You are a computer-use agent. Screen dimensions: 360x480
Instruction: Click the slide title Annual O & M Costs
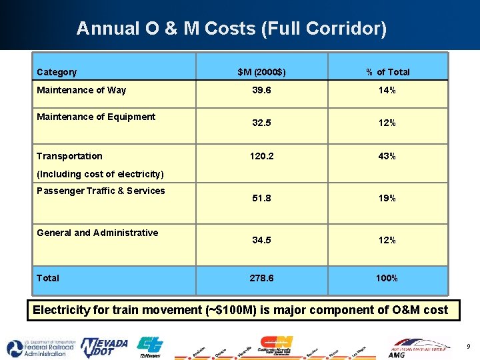pyautogui.click(x=231, y=29)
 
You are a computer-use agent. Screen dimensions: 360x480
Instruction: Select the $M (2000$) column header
pyautogui.click(x=261, y=72)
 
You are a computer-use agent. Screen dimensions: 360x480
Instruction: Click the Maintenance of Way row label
pyautogui.click(x=81, y=90)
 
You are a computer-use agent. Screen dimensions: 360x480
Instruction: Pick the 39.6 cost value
pyautogui.click(x=261, y=90)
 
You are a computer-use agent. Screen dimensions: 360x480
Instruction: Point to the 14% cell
pyautogui.click(x=387, y=90)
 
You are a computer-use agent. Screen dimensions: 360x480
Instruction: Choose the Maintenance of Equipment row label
pyautogui.click(x=96, y=117)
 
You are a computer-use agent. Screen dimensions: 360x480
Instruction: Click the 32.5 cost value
pyautogui.click(x=261, y=123)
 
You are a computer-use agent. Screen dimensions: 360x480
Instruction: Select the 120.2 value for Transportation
pyautogui.click(x=261, y=156)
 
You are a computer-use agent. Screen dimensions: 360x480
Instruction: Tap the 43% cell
pyautogui.click(x=387, y=156)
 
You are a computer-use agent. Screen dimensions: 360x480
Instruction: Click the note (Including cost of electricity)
pyautogui.click(x=100, y=174)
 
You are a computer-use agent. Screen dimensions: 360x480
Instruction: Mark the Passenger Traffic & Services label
pyautogui.click(x=101, y=191)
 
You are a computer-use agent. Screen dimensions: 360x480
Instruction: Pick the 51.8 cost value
pyautogui.click(x=261, y=198)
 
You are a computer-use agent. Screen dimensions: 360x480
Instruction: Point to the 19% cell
pyautogui.click(x=387, y=198)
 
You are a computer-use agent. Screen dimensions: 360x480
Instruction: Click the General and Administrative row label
pyautogui.click(x=97, y=233)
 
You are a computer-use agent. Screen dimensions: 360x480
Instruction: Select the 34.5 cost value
pyautogui.click(x=261, y=240)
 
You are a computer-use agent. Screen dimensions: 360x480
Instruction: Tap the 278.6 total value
pyautogui.click(x=261, y=278)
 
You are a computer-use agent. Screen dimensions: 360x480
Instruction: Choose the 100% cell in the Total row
pyautogui.click(x=387, y=278)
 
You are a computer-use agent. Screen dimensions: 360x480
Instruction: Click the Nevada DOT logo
pyautogui.click(x=104, y=347)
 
